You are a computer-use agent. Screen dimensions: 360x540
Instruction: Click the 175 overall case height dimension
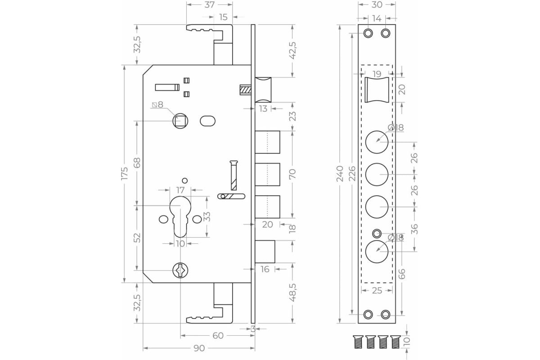125,174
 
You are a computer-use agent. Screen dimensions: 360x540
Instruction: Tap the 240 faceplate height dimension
340,174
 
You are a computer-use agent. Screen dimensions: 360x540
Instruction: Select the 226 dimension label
352,174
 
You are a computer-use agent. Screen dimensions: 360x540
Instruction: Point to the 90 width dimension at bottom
199,348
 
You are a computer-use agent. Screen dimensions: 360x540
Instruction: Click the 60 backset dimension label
218,336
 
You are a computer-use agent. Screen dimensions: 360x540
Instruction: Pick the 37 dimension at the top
210,5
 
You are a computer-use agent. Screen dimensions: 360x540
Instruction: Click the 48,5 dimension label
293,292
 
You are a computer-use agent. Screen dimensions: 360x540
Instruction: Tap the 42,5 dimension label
293,50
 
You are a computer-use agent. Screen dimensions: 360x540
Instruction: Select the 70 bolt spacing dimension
293,174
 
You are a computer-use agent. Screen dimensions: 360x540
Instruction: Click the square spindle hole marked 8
181,121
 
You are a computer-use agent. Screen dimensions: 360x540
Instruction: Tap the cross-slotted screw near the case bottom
180,270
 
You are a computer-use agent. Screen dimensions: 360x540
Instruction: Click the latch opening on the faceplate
377,90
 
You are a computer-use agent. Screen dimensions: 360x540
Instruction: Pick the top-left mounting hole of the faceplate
369,34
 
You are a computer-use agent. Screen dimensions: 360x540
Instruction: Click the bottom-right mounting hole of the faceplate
386,314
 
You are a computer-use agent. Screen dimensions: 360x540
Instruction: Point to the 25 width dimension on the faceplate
377,291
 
